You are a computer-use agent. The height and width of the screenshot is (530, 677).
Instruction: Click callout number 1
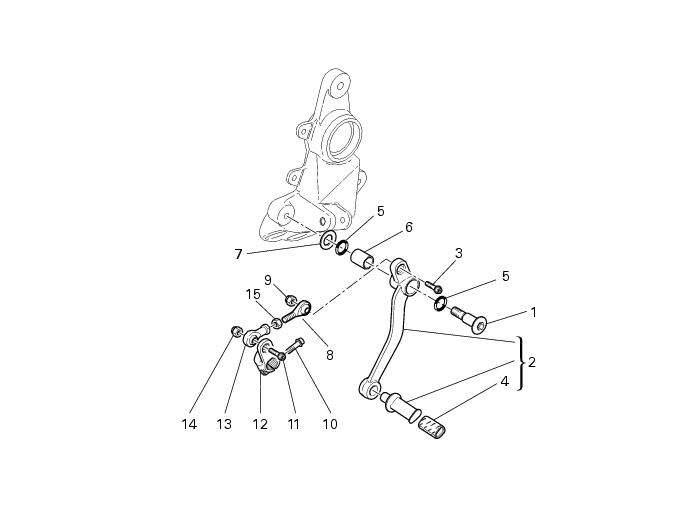point(533,312)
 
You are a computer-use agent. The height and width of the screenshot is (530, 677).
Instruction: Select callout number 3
point(459,253)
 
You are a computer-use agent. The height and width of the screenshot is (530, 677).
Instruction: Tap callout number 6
point(408,227)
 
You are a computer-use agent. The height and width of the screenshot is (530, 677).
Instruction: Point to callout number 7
point(238,254)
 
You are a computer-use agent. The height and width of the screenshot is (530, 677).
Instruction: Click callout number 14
point(189,424)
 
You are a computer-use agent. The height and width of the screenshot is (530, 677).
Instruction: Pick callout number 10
point(330,424)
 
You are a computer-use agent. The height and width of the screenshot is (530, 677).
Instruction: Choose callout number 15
point(253,294)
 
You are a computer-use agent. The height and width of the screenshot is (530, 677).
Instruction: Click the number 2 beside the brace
point(531,362)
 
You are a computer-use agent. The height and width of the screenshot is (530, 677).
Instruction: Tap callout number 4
point(504,382)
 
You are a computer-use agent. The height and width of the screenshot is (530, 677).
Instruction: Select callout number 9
point(268,280)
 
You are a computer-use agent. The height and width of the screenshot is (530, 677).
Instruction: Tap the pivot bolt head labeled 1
point(479,325)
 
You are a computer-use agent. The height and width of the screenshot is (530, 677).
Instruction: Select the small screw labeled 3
point(434,286)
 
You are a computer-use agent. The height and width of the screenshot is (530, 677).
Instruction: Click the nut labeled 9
point(291,299)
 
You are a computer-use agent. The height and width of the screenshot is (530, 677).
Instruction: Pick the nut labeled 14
point(236,332)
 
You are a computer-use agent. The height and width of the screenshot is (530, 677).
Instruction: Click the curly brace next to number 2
point(521,363)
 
